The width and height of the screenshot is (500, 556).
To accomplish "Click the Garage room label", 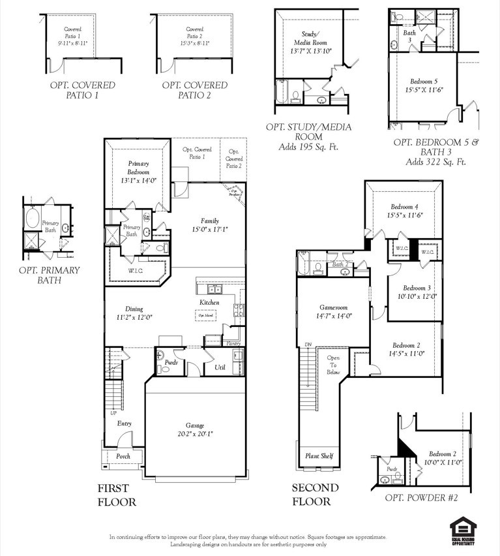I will tap(196, 425).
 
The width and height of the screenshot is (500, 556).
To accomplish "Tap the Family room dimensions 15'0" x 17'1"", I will tap(209, 229).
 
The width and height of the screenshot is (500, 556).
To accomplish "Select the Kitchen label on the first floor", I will tap(209, 303).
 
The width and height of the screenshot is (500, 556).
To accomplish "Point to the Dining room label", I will tap(134, 309).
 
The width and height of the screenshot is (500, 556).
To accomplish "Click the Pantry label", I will tap(233, 343).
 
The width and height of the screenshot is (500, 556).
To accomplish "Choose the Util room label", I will tap(220, 368).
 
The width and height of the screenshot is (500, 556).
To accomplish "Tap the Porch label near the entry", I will tap(123, 456).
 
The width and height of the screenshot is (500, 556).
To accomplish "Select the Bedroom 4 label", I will tap(404, 206).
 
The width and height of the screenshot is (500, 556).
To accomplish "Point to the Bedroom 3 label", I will tap(417, 288).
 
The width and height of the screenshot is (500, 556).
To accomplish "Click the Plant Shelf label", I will tap(319, 456).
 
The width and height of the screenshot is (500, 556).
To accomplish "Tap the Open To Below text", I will tap(333, 365).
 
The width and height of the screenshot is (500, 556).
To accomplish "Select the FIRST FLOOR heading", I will tap(117, 495).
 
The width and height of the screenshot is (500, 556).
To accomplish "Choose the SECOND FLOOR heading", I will tap(315, 495).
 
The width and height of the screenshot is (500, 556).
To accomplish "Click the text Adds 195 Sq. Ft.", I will tap(308, 147).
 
